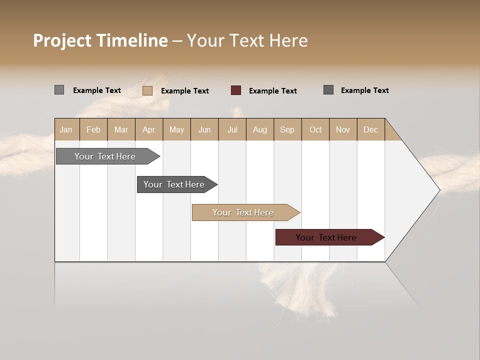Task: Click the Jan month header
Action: point(66,129)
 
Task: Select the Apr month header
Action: point(149,129)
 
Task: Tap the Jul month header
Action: point(232,129)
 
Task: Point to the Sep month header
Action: point(287,129)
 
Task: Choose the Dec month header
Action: point(370,129)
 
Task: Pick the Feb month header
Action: point(93,129)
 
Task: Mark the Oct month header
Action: point(315,129)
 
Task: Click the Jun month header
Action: point(204,129)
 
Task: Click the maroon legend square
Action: point(236,90)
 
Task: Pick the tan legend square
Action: point(147,90)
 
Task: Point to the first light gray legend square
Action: point(59,90)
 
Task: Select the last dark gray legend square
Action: point(328,90)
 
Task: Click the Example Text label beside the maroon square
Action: point(272,91)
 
